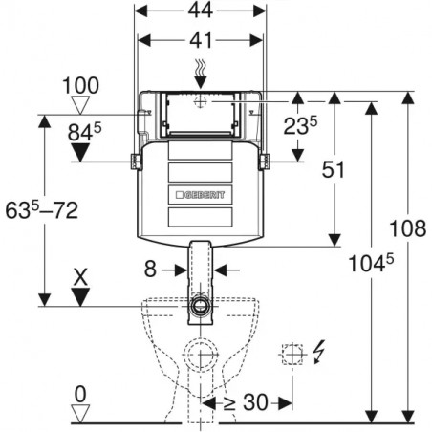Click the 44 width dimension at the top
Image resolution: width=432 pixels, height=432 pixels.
click(200, 11)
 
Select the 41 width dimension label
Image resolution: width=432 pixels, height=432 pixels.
click(201, 40)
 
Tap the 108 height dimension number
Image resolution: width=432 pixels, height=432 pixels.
click(408, 228)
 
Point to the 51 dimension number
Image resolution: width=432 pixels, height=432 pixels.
click(333, 169)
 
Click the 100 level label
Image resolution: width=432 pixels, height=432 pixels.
click(80, 85)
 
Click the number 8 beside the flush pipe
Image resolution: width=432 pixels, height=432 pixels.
click(150, 269)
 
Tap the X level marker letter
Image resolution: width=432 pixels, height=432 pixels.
click(80, 277)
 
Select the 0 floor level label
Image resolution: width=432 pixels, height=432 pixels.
click(80, 394)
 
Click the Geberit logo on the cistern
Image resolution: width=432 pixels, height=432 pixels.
click(200, 195)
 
